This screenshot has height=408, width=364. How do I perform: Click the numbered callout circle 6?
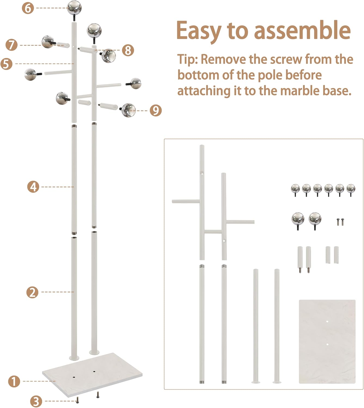pos(28,8)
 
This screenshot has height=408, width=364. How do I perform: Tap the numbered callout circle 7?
pos(11,45)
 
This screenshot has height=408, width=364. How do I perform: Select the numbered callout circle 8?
pos(128,50)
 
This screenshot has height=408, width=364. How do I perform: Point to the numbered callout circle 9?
pos(155,110)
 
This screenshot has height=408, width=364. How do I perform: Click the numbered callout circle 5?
pos(7,64)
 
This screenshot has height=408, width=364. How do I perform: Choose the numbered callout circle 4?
pos(33,187)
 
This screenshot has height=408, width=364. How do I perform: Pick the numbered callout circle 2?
pos(32,292)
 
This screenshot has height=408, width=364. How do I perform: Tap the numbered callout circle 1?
pos(14,381)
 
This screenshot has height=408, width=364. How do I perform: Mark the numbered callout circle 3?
pos(36,401)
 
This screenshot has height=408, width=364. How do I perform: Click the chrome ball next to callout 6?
pos(74,8)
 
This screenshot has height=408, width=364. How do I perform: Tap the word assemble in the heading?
pos(302,30)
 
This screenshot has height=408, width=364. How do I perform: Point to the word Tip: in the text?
pos(188,59)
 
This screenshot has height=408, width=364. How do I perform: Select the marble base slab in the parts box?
pos(327,341)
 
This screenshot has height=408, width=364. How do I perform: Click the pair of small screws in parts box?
pos(340,222)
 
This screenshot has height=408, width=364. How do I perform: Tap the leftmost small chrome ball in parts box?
pos(295,188)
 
